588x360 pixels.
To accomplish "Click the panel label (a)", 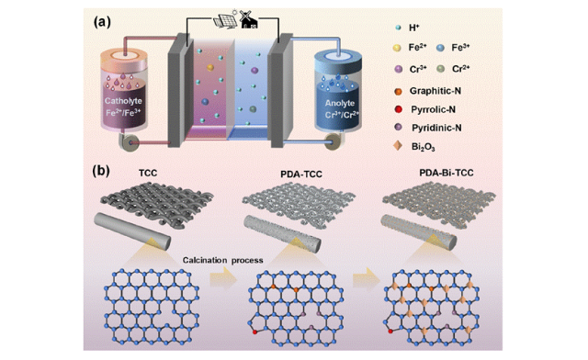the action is (x=102, y=22).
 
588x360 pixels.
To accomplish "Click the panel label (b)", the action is (x=101, y=171).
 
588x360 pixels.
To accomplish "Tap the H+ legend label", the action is (x=414, y=28).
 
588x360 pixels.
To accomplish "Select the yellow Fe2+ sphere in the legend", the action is (x=396, y=48).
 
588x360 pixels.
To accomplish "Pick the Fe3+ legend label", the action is (x=460, y=47).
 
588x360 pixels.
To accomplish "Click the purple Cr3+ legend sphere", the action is (x=398, y=69).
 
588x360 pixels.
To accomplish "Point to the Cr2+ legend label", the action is (x=461, y=69).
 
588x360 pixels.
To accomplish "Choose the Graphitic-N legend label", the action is (x=435, y=91).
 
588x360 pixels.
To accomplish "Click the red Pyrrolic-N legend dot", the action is (x=398, y=109).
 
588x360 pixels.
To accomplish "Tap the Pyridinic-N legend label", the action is (x=436, y=128).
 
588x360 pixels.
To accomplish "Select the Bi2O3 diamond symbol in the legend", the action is (x=398, y=146).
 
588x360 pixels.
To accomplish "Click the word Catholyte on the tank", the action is (x=123, y=101).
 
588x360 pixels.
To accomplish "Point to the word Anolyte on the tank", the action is (x=339, y=103).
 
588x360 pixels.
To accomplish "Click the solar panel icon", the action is (x=225, y=20).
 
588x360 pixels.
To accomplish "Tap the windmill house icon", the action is (x=248, y=19).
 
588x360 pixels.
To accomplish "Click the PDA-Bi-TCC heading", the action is (x=447, y=173).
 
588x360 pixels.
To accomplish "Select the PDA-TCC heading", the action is (x=301, y=174).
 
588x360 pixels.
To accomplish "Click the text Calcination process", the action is (x=222, y=260).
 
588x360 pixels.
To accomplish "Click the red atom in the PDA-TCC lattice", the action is (x=255, y=332).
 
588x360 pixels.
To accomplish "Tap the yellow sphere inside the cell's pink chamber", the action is (x=210, y=68).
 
